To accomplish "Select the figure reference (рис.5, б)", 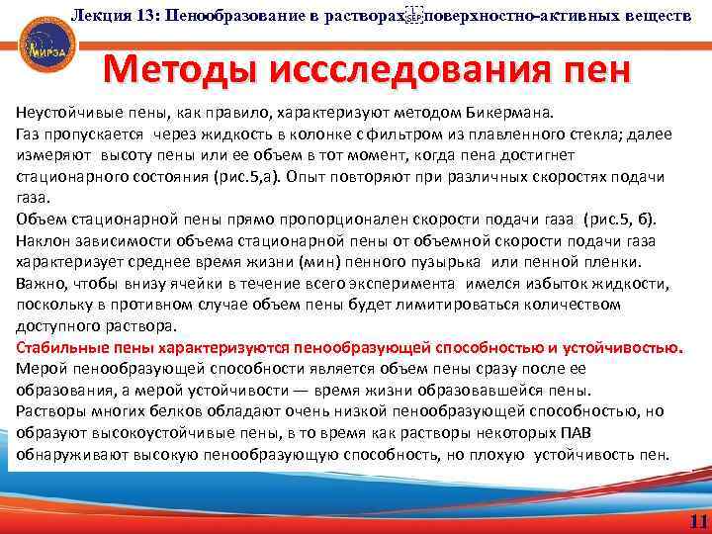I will tap(642, 220).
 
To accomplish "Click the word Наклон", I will tap(43, 240).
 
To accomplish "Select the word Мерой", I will tap(41, 369).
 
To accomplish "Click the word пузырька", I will tap(430, 262).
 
